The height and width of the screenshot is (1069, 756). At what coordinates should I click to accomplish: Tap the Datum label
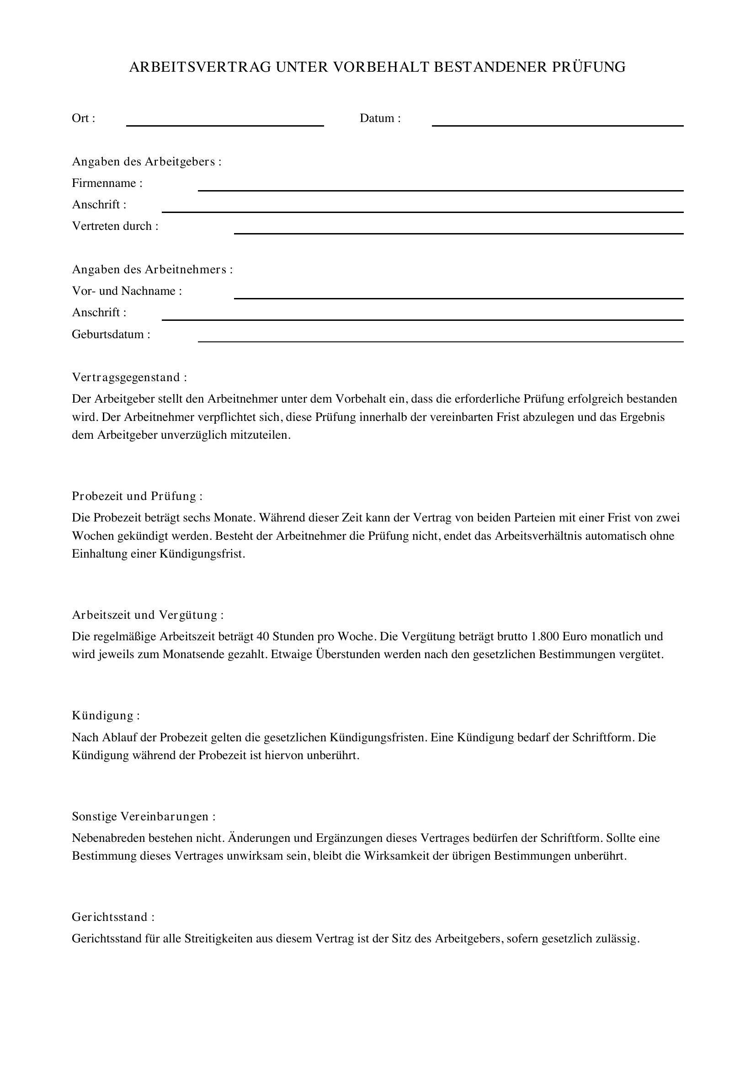pyautogui.click(x=379, y=118)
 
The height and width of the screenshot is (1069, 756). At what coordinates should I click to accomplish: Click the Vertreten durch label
pyautogui.click(x=115, y=226)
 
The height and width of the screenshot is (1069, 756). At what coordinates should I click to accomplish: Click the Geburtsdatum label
pyautogui.click(x=111, y=334)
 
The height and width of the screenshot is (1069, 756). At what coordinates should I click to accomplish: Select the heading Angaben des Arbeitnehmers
pyautogui.click(x=152, y=269)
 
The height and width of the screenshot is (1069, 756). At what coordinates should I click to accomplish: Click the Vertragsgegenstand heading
pyautogui.click(x=129, y=377)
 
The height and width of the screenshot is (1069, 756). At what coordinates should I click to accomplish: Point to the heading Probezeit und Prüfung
pyautogui.click(x=137, y=496)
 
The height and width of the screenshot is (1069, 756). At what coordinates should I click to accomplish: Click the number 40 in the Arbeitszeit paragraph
pyautogui.click(x=262, y=637)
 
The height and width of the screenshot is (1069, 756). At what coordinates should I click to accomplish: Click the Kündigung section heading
pyautogui.click(x=106, y=716)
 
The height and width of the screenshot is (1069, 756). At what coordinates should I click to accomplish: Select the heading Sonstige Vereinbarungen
pyautogui.click(x=144, y=816)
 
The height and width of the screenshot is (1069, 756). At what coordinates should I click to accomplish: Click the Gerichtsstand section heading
pyautogui.click(x=112, y=917)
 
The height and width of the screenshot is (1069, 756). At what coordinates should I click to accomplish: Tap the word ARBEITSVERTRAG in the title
pyautogui.click(x=200, y=67)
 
